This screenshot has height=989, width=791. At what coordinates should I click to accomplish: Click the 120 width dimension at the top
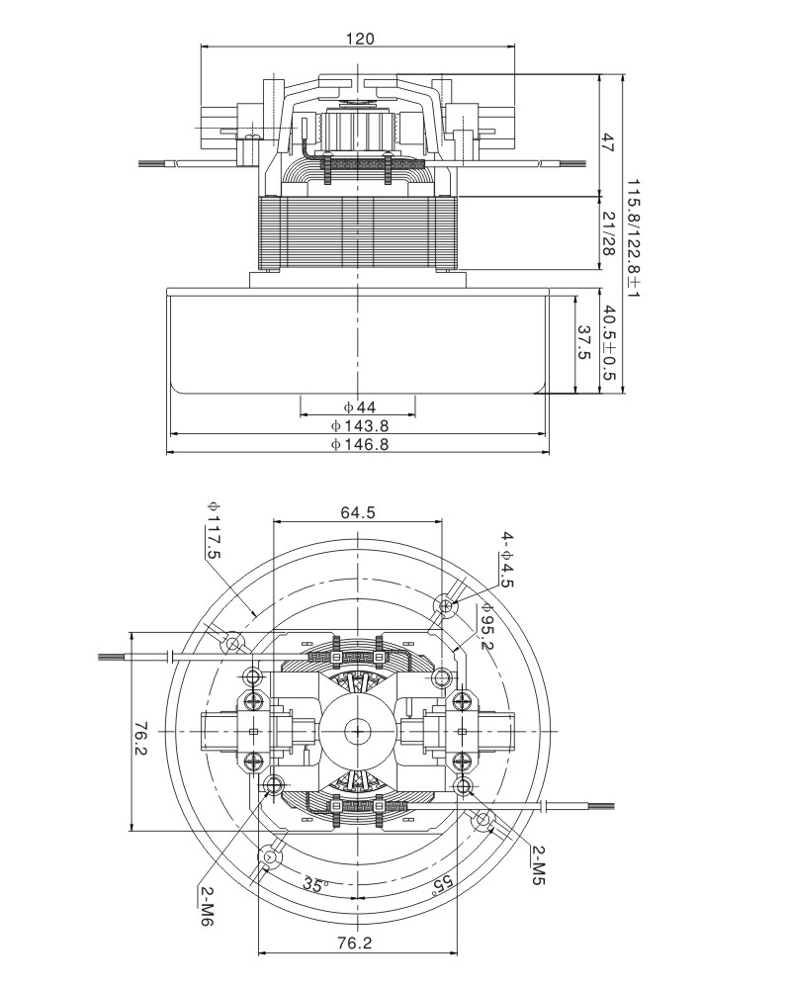coord(359,39)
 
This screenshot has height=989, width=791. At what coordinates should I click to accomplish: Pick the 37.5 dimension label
coord(583,343)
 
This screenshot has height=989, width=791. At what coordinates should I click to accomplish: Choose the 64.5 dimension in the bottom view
coord(358,512)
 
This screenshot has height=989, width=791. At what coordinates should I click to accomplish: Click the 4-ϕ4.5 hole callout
coord(506,560)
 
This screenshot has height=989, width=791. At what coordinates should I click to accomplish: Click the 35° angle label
coord(315,884)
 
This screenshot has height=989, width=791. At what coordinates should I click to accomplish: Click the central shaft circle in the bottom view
coord(355,731)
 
